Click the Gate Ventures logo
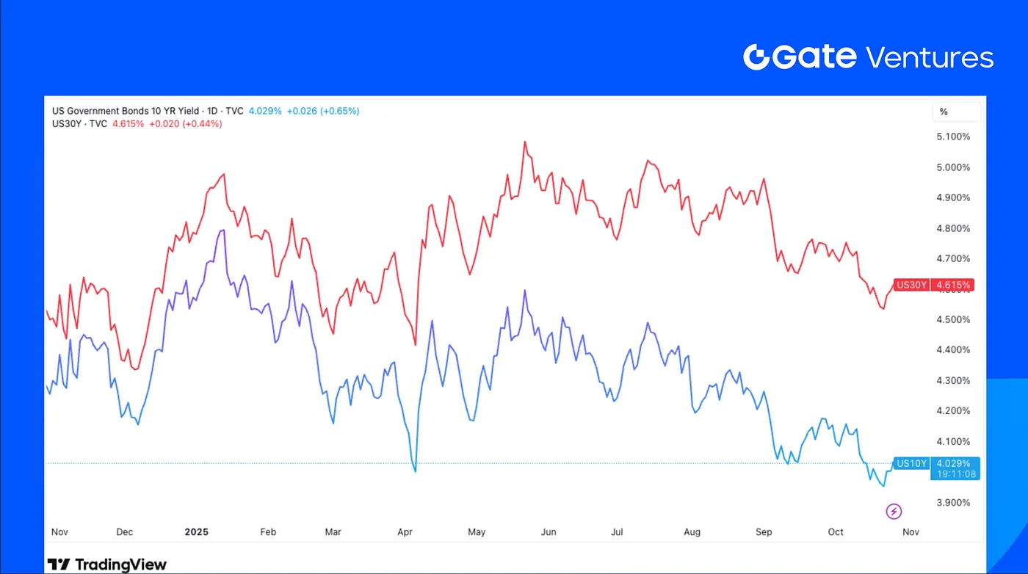pos(868,57)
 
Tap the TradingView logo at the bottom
pos(107,564)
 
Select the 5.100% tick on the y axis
pos(952,137)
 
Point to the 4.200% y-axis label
pos(952,411)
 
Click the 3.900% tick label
pos(952,503)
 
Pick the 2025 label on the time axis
pos(197,531)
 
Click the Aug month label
pos(692,531)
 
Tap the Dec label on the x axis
pos(124,531)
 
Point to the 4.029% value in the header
pos(264,111)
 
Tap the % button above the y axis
pos(944,112)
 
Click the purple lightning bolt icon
pos(894,512)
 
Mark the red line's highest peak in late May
pos(525,142)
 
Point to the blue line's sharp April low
pos(415,471)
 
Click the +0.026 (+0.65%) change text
pos(323,111)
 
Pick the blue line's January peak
pos(222,230)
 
